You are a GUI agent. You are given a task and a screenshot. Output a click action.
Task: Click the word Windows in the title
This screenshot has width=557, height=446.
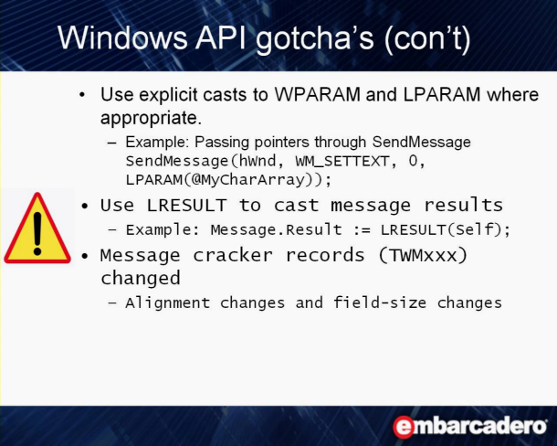(x=122, y=37)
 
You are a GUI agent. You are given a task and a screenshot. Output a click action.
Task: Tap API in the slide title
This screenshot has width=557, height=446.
(x=221, y=37)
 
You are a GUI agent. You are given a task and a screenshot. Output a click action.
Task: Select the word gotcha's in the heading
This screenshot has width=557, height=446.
(x=315, y=39)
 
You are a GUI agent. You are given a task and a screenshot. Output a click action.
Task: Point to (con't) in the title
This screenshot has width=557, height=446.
(x=427, y=39)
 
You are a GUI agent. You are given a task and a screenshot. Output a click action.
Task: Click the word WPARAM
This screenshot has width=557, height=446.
(x=318, y=95)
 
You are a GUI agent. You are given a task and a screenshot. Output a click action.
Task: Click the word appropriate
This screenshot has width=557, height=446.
(x=151, y=119)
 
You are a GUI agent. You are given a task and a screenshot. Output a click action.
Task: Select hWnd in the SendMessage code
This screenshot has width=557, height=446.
(x=257, y=161)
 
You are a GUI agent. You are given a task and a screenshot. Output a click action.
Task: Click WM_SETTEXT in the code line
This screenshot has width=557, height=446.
(x=342, y=162)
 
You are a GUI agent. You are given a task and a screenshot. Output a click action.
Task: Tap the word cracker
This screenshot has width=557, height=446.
(x=233, y=255)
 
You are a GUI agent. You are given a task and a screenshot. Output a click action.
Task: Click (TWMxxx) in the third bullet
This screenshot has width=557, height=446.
(x=423, y=255)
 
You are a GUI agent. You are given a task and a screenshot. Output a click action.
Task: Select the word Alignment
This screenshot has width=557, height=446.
(x=168, y=303)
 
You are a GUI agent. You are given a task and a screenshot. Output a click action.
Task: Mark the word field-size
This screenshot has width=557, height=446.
(x=380, y=303)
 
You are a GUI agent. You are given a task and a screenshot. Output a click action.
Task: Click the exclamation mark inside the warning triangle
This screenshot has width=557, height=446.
(x=37, y=234)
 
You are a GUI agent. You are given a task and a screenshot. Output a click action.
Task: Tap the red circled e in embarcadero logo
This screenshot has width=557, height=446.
(x=404, y=427)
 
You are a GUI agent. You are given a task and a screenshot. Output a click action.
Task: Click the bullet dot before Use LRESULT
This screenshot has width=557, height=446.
(x=85, y=206)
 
